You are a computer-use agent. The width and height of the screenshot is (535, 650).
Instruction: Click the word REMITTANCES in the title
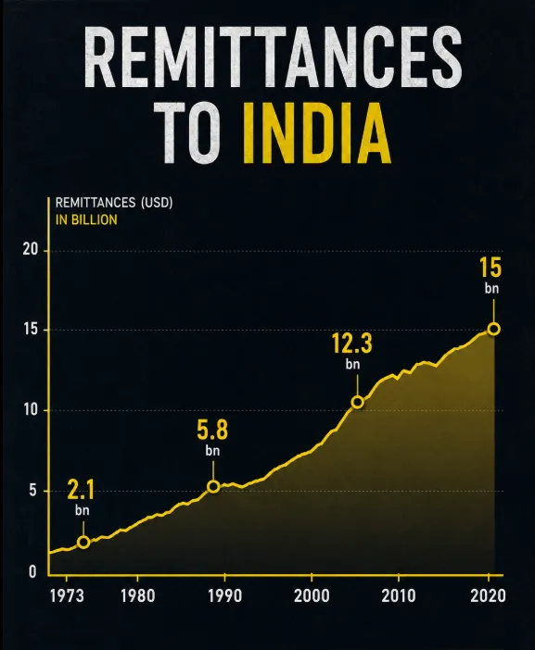tap(273, 56)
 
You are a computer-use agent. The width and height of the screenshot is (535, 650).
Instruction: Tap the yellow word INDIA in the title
tap(317, 132)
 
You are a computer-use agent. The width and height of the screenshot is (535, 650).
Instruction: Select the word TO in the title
tap(189, 132)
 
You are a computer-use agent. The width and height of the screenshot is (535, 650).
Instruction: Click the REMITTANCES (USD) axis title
tap(114, 203)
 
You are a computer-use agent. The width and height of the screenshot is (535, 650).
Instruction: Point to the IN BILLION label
tap(86, 219)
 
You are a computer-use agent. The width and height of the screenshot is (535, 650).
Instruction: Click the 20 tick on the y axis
tap(31, 250)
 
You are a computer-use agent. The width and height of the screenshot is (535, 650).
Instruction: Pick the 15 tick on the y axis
tap(31, 330)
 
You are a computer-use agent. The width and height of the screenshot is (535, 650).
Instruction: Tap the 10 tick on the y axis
tap(31, 410)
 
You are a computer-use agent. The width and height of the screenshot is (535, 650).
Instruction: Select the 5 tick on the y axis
tap(33, 491)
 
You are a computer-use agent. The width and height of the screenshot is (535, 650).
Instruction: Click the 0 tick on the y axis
tap(32, 572)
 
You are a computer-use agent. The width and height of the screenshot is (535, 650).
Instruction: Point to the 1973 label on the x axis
tap(67, 596)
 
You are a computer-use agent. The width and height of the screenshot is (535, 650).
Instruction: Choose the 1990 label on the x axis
tap(224, 596)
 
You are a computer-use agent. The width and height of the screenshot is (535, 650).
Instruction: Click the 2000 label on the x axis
tap(312, 596)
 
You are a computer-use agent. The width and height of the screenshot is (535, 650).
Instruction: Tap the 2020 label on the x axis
tap(488, 596)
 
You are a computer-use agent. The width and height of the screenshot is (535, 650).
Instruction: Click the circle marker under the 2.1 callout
tap(83, 542)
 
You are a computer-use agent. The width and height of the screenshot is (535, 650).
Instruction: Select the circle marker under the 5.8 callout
tap(213, 486)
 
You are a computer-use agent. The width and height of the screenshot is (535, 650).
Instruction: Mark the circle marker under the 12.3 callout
tap(357, 402)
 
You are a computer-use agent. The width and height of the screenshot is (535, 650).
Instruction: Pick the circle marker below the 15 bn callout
tap(494, 329)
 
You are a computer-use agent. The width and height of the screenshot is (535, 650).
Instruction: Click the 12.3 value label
tap(352, 344)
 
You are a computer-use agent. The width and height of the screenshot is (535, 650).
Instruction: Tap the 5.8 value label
tap(212, 430)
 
